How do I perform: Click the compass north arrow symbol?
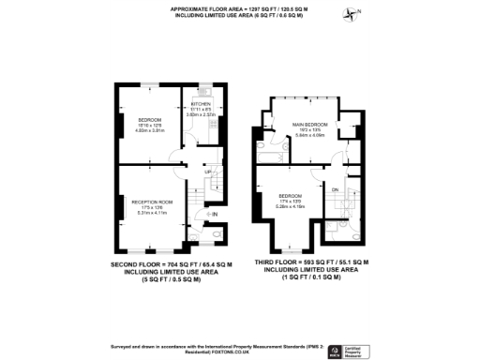[352, 12]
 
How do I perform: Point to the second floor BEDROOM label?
[151, 120]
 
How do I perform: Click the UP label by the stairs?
[207, 172]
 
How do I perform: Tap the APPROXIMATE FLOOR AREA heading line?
[239, 7]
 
